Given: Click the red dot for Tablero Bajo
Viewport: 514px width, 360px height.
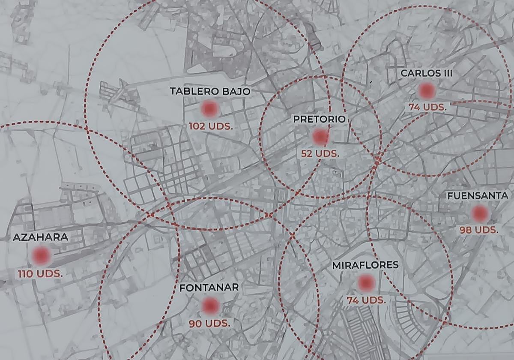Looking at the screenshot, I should click(209, 109).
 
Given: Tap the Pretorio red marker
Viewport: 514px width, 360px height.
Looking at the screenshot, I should click(320, 137).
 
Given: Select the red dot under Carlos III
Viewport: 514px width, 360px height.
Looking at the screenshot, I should click(427, 91).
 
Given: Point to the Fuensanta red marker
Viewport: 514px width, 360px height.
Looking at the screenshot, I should click(479, 213).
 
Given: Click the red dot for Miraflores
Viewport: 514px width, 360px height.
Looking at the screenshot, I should click(366, 283).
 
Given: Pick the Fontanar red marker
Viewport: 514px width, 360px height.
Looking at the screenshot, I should click(210, 306).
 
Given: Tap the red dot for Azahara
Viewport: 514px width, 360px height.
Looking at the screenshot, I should click(41, 256).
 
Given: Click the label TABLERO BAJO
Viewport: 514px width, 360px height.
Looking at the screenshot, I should click(210, 91).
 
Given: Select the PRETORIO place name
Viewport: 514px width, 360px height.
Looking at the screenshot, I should click(319, 119).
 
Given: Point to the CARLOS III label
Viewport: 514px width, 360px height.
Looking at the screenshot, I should click(426, 73).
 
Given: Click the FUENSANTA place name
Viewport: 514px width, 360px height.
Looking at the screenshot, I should click(478, 196).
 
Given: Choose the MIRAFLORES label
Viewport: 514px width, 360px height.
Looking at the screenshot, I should click(365, 265).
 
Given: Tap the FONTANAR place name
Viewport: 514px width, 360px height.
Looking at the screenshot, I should click(209, 288).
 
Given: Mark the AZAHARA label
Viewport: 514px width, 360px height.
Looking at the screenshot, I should click(41, 237).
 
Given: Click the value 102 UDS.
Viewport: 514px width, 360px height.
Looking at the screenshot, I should click(210, 126).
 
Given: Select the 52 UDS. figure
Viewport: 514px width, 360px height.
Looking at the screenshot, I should click(320, 153).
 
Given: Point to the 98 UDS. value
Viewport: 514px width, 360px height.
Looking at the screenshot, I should click(479, 230).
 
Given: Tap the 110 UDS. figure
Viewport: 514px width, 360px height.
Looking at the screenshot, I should click(40, 273).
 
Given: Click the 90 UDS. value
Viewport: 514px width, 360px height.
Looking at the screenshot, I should click(209, 323).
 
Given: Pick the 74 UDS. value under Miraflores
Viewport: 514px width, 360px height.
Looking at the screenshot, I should click(366, 300).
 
